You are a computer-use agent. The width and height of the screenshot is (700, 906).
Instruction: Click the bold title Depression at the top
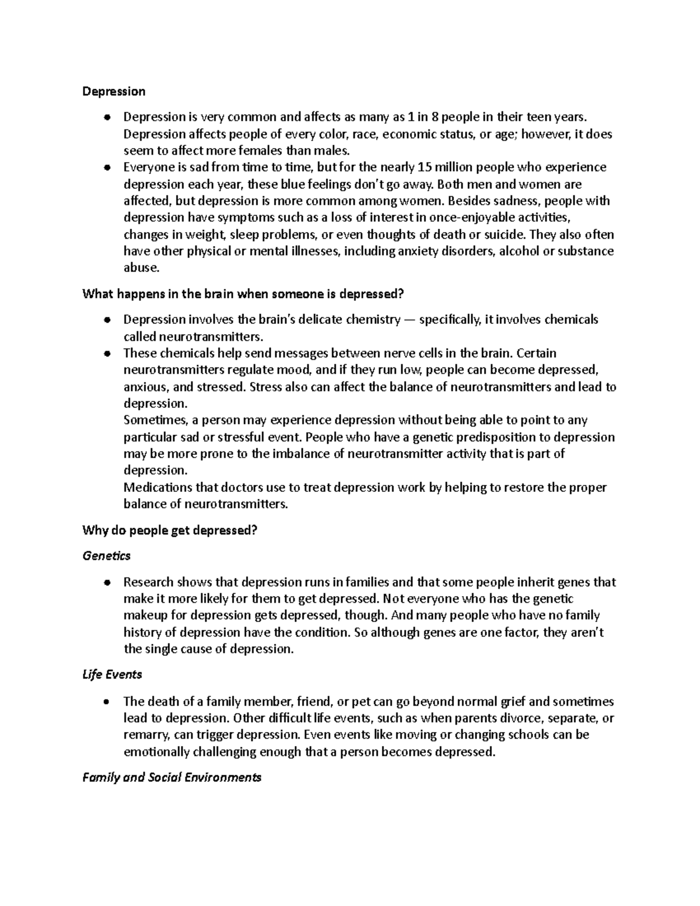tap(114, 92)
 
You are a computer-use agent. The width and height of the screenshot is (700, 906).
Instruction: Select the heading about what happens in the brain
tap(243, 294)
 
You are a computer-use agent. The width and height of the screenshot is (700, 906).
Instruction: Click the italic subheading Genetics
tap(106, 556)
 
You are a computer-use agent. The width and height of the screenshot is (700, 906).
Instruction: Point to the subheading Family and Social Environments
tap(171, 777)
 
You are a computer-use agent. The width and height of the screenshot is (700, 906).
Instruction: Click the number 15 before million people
tap(424, 167)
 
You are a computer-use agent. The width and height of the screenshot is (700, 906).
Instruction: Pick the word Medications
tap(156, 487)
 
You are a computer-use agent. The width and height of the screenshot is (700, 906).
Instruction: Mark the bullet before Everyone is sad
tap(106, 168)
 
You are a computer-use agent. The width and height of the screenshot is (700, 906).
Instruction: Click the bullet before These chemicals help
tap(106, 354)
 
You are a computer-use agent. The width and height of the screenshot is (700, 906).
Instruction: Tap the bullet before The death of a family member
tap(106, 701)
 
